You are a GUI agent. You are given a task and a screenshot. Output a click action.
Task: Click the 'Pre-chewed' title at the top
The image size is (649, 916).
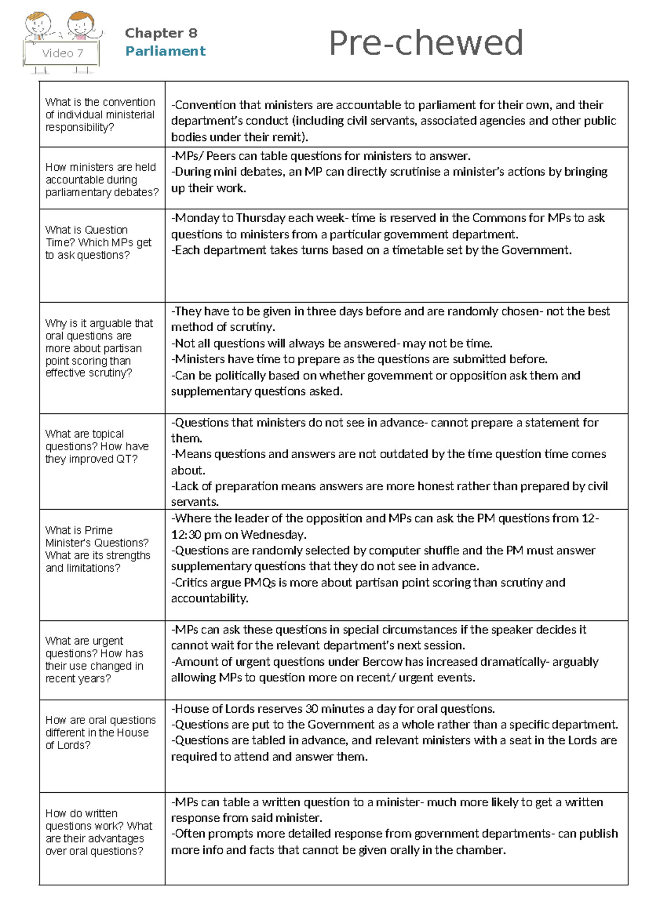point(426,43)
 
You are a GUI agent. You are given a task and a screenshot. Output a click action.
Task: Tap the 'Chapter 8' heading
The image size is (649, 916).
point(161,34)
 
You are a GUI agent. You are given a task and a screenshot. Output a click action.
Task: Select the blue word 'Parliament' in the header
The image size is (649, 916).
point(165,51)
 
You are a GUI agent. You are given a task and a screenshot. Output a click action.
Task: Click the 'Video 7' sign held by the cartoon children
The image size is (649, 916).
point(62,53)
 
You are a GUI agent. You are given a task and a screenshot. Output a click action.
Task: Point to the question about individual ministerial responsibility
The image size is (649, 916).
point(100,115)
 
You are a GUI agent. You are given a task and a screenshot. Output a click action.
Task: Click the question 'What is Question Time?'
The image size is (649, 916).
point(98,242)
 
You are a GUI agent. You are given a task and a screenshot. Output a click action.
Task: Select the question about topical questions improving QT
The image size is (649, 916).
point(97,446)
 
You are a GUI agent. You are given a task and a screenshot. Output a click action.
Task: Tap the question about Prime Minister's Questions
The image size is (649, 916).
point(97,549)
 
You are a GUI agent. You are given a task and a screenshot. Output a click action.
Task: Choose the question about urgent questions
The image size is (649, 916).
point(94,659)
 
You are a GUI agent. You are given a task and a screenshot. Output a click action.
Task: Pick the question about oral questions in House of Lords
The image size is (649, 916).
point(100,732)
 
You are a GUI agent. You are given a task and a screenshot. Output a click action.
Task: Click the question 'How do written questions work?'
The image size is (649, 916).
point(98,832)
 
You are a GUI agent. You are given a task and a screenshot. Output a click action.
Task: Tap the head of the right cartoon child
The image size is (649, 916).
point(81,23)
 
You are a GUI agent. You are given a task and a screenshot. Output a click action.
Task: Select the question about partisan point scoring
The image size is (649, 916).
point(99,348)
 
